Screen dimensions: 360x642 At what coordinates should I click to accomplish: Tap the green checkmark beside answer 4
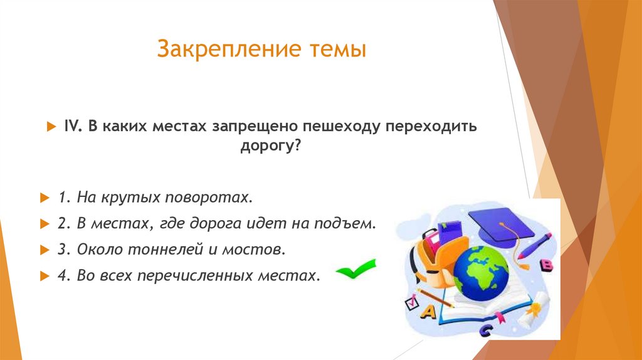pyautogui.click(x=355, y=270)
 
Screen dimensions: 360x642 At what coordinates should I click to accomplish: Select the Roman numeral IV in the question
pyautogui.click(x=69, y=127)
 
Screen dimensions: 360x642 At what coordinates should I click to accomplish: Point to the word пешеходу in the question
pyautogui.click(x=342, y=127)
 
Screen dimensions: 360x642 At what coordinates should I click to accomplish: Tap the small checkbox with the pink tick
pyautogui.click(x=411, y=303)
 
